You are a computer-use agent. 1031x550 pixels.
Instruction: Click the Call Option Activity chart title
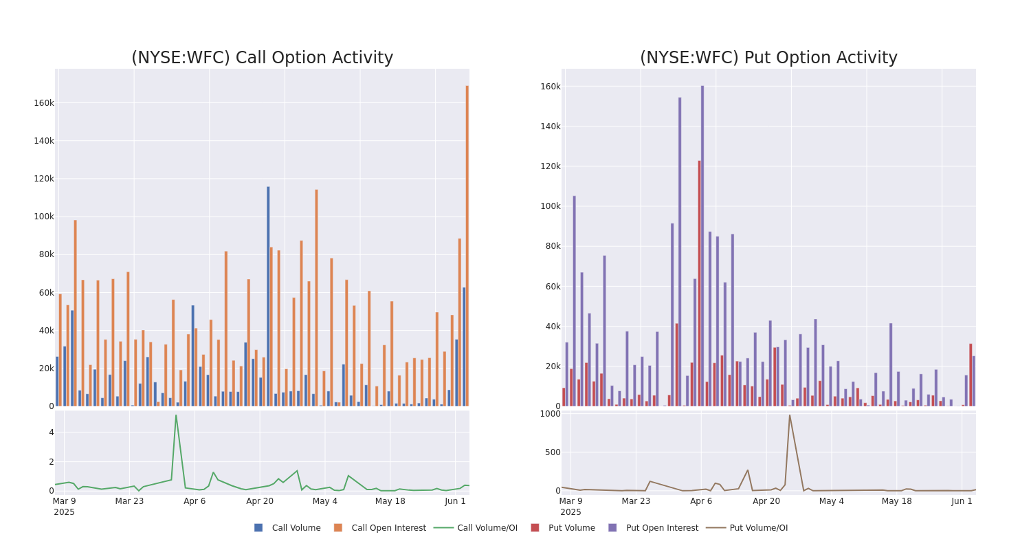click(x=262, y=58)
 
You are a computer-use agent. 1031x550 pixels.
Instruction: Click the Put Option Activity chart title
click(x=768, y=58)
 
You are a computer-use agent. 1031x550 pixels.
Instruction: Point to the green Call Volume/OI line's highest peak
click(x=175, y=415)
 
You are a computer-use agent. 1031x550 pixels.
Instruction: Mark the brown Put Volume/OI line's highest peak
click(x=789, y=415)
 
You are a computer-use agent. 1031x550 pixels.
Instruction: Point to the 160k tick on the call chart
click(x=44, y=103)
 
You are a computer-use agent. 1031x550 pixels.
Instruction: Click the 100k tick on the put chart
click(x=550, y=206)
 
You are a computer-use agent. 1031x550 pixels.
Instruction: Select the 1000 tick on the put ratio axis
click(x=550, y=413)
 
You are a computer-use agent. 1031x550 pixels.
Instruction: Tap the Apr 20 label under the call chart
click(x=260, y=501)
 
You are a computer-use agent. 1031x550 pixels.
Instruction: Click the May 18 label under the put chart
click(x=896, y=501)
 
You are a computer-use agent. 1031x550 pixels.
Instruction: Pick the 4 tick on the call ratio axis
click(x=51, y=432)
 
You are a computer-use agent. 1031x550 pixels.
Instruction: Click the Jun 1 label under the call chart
click(x=455, y=501)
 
